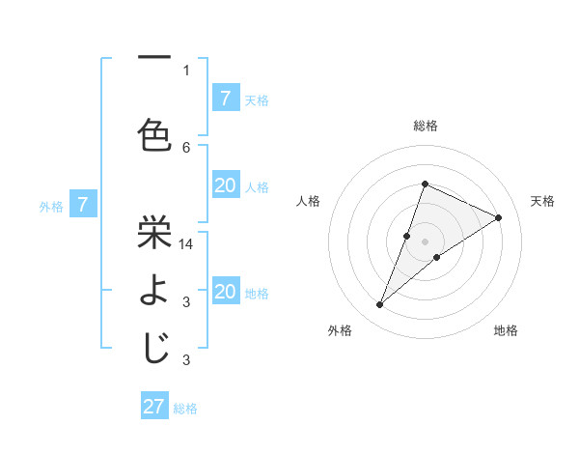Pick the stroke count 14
187,244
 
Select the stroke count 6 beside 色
186,147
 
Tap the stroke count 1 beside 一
186,70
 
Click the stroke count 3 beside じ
186,360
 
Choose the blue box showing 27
154,407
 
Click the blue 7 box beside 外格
83,205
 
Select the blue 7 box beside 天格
226,98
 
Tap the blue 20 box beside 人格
226,185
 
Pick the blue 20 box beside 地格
226,292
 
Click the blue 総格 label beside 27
185,409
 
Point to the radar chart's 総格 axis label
426,126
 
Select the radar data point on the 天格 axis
499,217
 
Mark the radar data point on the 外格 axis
380,305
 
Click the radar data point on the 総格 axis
425,184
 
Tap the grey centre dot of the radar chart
425,241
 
